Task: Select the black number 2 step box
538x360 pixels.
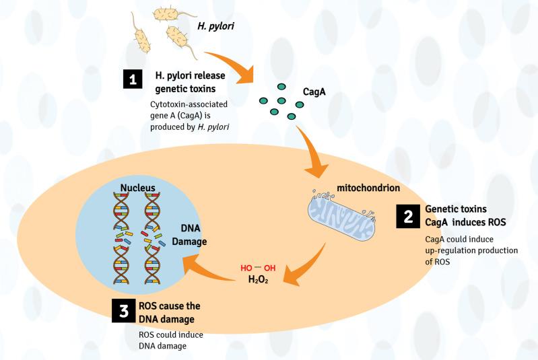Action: [408, 216]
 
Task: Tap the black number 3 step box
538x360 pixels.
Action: [123, 311]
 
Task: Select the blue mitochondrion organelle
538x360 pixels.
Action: [343, 219]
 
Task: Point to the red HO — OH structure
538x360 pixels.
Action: [257, 268]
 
